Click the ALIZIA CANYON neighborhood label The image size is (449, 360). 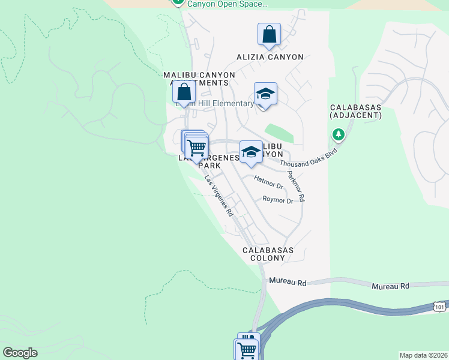click(269, 57)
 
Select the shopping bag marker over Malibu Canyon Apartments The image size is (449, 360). click(184, 92)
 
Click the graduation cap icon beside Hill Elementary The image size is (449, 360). click(265, 94)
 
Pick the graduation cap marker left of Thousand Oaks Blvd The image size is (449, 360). click(251, 152)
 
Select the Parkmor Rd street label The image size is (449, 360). click(296, 186)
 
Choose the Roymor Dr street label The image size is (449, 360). click(277, 200)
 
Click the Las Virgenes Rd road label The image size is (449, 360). click(218, 196)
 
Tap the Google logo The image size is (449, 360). click(20, 352)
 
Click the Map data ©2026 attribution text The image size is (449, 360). click(423, 355)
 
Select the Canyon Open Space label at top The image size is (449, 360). click(227, 4)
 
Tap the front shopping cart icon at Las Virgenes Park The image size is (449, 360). click(197, 147)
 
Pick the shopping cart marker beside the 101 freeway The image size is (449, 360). click(246, 349)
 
